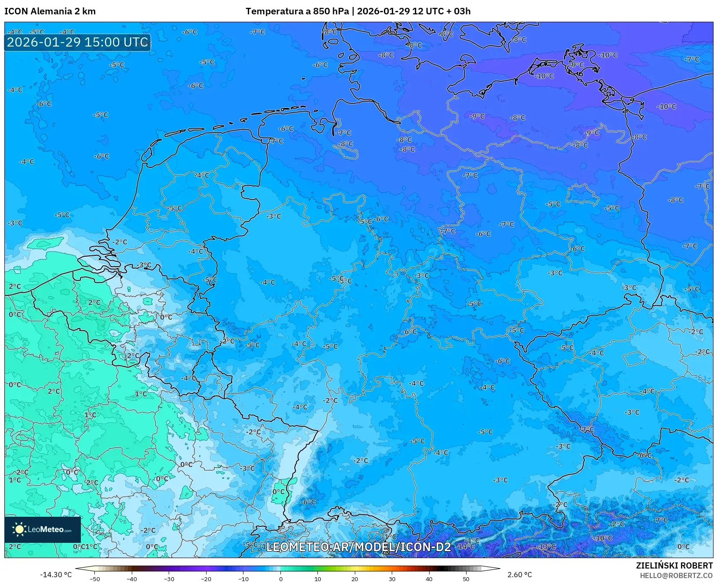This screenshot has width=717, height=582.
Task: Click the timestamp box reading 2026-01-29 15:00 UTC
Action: [x=77, y=42]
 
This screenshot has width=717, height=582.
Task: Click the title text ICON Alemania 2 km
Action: [x=50, y=11]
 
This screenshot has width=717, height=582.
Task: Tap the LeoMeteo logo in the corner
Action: [x=43, y=529]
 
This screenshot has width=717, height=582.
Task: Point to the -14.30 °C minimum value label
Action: [x=56, y=575]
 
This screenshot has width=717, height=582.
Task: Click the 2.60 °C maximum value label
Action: [x=520, y=575]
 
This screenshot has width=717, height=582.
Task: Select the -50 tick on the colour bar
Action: [x=94, y=579]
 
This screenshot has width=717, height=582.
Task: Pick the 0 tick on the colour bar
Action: [x=280, y=579]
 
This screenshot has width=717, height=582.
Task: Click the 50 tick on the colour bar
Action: [x=466, y=579]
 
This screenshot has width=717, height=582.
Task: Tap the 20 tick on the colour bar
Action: [x=355, y=579]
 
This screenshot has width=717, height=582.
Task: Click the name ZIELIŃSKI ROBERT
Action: [x=674, y=565]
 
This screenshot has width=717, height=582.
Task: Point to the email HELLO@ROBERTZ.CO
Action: [x=676, y=575]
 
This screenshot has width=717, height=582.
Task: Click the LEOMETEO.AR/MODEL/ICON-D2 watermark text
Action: [x=358, y=547]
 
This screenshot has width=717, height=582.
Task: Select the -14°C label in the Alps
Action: [x=466, y=547]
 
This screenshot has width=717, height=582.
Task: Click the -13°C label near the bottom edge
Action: [x=547, y=547]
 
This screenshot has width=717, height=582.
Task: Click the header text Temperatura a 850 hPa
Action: [x=297, y=11]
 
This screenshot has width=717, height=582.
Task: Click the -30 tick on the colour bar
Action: [x=169, y=579]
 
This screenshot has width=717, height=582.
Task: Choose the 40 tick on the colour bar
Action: [x=429, y=579]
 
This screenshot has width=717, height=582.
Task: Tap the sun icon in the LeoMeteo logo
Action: [x=19, y=529]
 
